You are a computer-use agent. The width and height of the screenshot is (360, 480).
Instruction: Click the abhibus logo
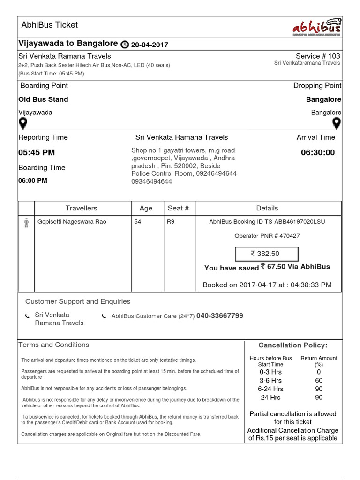pyautogui.click(x=315, y=28)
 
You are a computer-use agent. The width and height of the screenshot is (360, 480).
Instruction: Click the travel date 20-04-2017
pyautogui.click(x=150, y=45)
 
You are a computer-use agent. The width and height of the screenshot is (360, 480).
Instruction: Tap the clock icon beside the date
pyautogui.click(x=125, y=45)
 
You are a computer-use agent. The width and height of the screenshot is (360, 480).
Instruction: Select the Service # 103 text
pyautogui.click(x=318, y=56)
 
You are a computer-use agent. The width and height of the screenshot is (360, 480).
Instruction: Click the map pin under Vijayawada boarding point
pyautogui.click(x=22, y=124)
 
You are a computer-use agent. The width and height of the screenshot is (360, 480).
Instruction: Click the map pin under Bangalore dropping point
pyautogui.click(x=336, y=124)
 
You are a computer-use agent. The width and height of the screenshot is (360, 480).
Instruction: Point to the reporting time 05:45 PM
pyautogui.click(x=37, y=152)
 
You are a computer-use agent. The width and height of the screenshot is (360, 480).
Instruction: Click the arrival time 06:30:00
pyautogui.click(x=318, y=152)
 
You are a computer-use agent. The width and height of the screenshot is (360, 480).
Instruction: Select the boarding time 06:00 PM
pyautogui.click(x=33, y=180)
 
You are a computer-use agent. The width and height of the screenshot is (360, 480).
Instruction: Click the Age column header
pyautogui.click(x=146, y=208)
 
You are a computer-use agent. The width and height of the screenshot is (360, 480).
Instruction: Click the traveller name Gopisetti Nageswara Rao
pyautogui.click(x=72, y=222)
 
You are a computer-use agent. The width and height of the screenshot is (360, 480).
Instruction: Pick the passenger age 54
pyautogui.click(x=137, y=222)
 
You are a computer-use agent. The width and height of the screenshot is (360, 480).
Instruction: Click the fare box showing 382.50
pyautogui.click(x=266, y=254)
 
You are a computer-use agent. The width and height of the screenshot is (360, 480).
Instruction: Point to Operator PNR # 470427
pyautogui.click(x=267, y=236)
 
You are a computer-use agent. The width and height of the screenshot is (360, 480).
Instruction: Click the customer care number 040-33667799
pyautogui.click(x=220, y=316)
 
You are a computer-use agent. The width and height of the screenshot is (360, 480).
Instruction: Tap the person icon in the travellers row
pyautogui.click(x=26, y=223)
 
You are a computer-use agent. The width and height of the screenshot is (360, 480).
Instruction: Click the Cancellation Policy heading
pyautogui.click(x=293, y=345)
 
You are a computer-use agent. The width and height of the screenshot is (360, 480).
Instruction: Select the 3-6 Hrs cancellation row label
pyautogui.click(x=271, y=381)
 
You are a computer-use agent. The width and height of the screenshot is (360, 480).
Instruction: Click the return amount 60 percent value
pyautogui.click(x=319, y=381)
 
